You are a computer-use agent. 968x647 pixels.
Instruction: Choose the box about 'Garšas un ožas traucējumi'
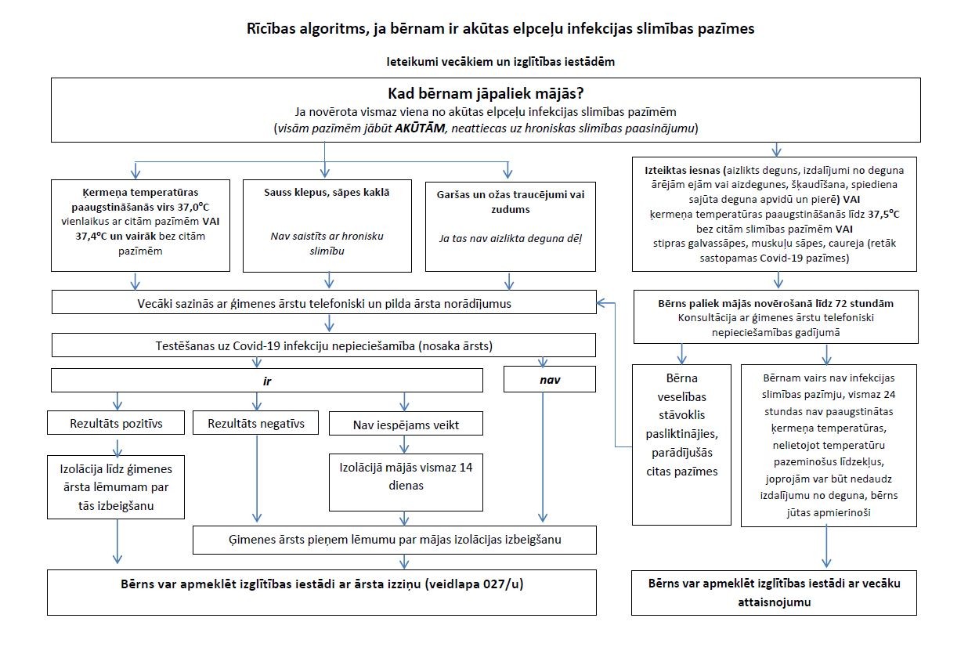click(510, 225)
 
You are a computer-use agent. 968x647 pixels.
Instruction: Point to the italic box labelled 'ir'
click(266, 381)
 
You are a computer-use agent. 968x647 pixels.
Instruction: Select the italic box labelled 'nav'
click(549, 381)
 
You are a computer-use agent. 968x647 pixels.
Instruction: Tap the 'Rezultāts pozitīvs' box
click(116, 424)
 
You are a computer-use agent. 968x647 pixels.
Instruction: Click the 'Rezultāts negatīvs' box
click(255, 424)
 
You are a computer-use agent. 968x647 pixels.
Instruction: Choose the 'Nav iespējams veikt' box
click(406, 424)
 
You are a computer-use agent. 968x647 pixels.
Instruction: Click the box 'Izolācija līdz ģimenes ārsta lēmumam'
click(116, 486)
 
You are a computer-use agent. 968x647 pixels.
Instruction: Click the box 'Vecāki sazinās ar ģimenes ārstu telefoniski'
click(324, 302)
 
